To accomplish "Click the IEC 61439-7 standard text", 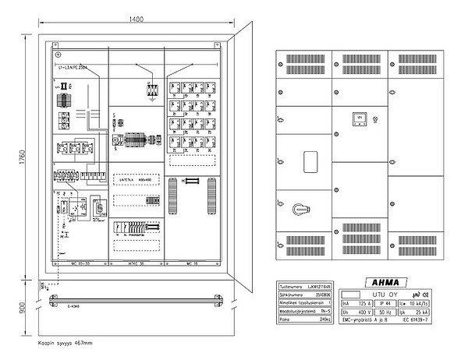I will click(427, 320).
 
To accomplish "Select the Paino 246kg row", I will click(308, 319).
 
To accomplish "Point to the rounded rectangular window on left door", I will click(308, 162).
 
